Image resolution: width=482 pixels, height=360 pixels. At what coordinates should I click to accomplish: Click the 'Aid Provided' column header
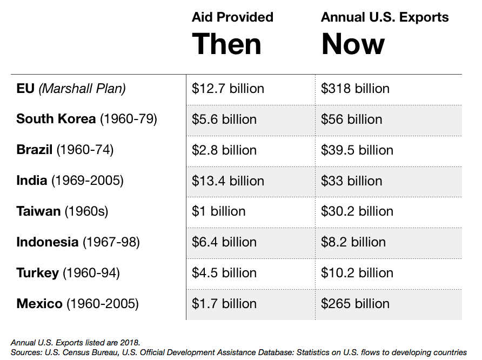[x=232, y=17]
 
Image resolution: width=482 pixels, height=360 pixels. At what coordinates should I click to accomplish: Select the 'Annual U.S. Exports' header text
[x=385, y=17]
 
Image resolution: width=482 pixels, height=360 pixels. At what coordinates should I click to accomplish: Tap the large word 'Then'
[x=226, y=44]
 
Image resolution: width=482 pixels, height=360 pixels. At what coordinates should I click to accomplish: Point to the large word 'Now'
[x=353, y=44]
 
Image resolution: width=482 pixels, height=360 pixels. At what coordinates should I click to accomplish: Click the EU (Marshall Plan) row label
[x=71, y=89]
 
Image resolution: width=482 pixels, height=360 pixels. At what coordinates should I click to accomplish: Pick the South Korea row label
[x=86, y=119]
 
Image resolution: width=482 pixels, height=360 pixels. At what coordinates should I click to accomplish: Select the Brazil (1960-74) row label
[x=65, y=150]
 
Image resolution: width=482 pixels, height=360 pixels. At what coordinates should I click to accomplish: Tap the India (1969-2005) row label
[x=70, y=181]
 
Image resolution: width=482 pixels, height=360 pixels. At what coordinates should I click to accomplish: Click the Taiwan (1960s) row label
[x=62, y=211]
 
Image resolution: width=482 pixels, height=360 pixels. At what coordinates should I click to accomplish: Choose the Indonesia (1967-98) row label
[x=78, y=242]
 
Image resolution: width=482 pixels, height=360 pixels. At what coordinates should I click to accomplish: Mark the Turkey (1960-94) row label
[x=68, y=272]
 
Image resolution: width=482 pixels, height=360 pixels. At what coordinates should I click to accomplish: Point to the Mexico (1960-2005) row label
[x=77, y=303]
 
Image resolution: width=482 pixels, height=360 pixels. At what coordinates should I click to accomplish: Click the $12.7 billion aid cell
[x=228, y=89]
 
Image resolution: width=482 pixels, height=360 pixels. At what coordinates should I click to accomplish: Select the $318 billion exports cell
[x=355, y=89]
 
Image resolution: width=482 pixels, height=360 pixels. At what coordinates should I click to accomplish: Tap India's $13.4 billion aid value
[x=228, y=181]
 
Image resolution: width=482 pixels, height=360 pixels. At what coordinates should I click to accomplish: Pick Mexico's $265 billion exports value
[x=355, y=304]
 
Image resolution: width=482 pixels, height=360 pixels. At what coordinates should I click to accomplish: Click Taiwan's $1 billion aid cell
[x=218, y=211]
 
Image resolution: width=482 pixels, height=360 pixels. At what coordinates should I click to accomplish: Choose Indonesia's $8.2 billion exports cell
[x=353, y=242]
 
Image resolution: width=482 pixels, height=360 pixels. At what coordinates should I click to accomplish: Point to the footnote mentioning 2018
[x=75, y=343]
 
